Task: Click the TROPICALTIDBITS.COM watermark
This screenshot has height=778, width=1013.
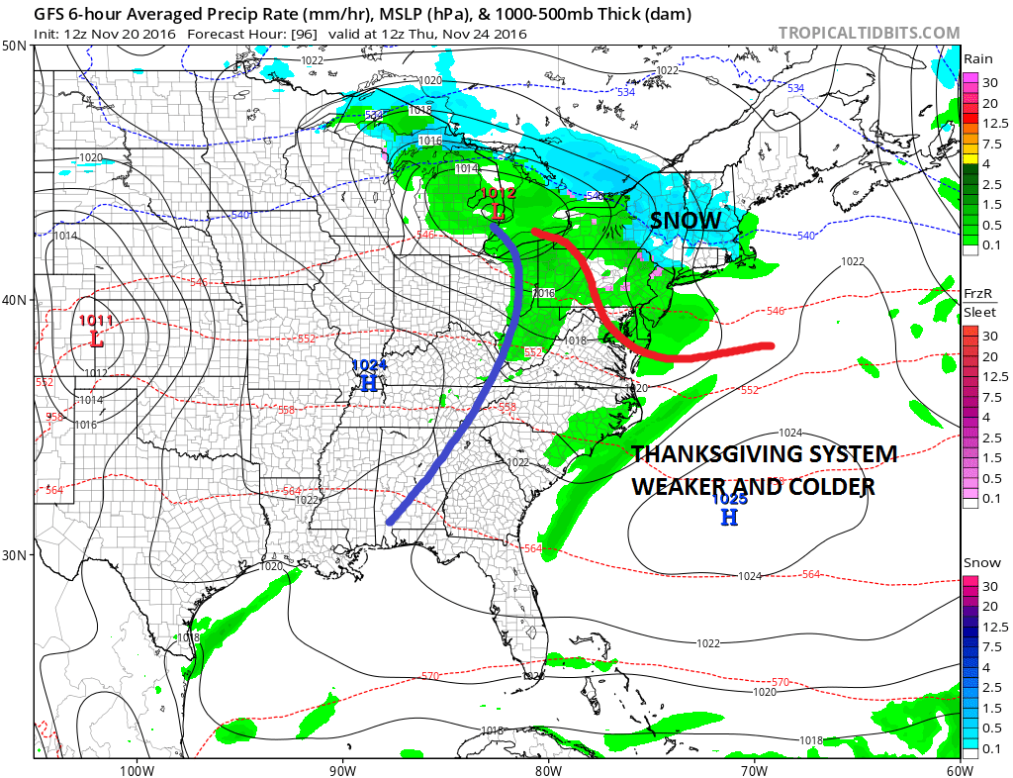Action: (x=869, y=33)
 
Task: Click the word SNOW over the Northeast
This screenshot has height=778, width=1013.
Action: (x=687, y=221)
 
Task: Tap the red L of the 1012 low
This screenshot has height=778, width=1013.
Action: (x=498, y=212)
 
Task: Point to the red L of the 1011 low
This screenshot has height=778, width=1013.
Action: (x=96, y=338)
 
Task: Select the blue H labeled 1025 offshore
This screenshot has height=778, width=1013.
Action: (x=728, y=516)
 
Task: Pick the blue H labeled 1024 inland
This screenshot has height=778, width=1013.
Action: (x=368, y=382)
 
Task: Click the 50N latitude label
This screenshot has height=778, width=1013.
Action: (x=15, y=46)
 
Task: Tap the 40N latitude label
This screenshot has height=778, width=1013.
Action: (x=15, y=299)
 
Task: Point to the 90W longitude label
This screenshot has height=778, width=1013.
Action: (x=341, y=769)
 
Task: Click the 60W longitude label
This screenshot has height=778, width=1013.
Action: (x=959, y=769)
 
